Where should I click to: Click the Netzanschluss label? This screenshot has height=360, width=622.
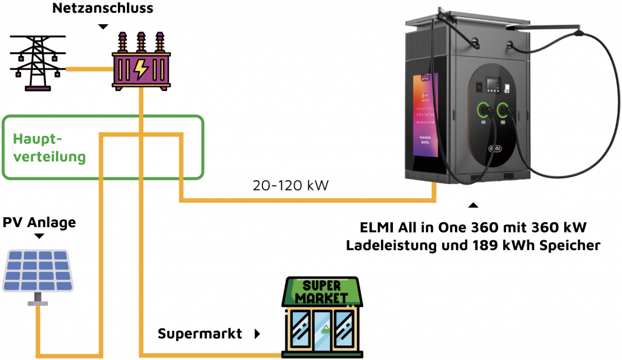103,8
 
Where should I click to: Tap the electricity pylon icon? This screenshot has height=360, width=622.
38,63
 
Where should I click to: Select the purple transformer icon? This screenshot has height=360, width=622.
140,62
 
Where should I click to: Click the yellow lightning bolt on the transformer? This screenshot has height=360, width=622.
141,69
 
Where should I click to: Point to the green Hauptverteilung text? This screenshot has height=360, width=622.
49,148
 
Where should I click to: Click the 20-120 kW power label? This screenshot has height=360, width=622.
290,185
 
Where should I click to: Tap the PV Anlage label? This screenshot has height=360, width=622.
39,223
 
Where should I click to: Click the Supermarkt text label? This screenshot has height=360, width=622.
200,333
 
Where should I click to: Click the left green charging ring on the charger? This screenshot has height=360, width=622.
484,110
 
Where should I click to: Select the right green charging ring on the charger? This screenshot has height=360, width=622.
503,110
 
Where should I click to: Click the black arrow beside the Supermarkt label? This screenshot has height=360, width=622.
257,333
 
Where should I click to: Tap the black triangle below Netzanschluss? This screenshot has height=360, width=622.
103,27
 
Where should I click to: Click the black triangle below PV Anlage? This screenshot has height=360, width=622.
39,237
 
